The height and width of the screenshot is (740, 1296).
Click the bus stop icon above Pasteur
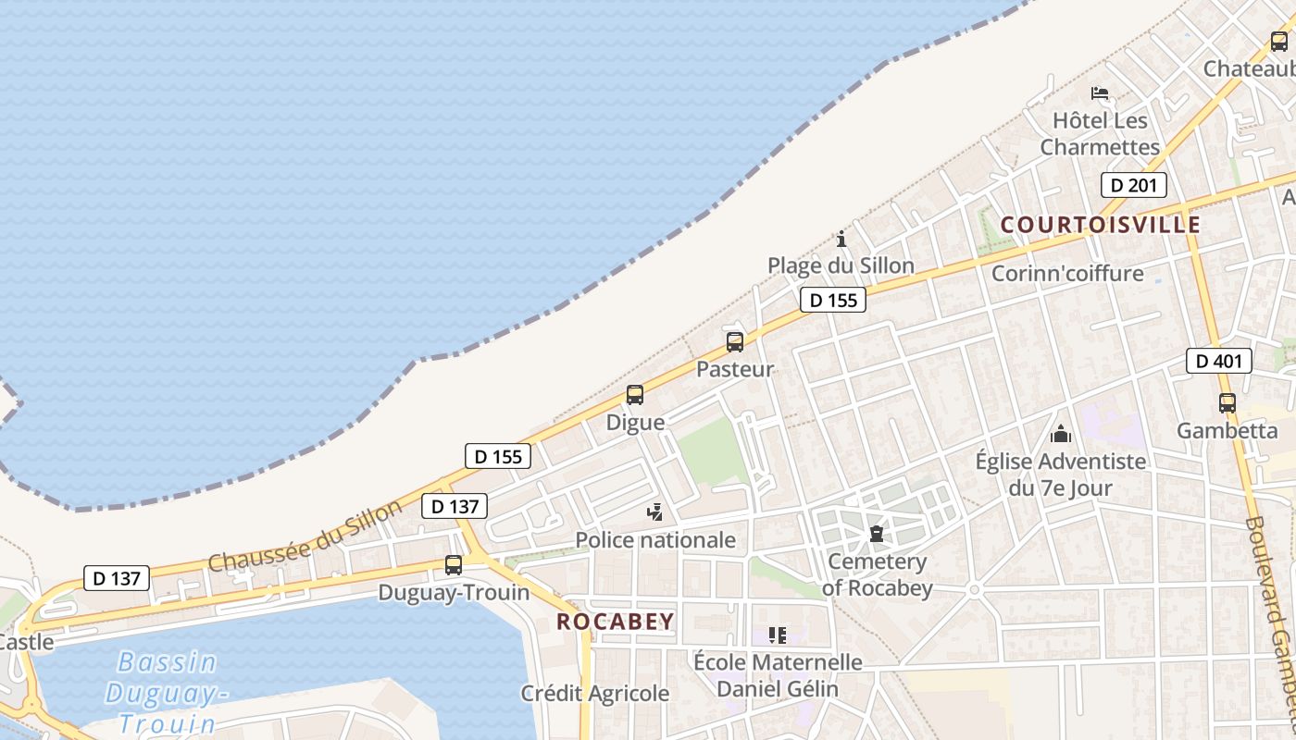coord(735,342)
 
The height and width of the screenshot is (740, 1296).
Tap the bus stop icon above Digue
coord(635,395)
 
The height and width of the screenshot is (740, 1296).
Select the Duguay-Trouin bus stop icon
coord(454,564)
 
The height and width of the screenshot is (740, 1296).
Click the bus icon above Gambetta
coord(1227,403)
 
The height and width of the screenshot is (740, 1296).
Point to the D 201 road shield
coord(1133,185)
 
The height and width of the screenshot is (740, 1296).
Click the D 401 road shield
coord(1218,361)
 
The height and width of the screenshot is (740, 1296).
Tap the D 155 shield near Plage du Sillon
coord(832,300)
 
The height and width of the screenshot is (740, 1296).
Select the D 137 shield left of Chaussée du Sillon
coord(117,579)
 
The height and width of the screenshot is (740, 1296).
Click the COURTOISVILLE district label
coord(1101,225)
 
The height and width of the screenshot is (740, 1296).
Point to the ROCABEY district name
coord(615,622)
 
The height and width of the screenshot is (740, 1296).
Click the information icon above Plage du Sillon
coord(841,240)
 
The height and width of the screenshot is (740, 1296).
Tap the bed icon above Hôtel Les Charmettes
coord(1100,93)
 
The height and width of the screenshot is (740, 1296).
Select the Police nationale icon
coord(655,512)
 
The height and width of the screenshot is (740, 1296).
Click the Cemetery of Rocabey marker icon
coord(876,534)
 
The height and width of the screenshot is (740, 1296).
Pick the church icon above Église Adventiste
coord(1061,433)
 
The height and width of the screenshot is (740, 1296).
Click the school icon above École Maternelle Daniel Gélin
coord(778,635)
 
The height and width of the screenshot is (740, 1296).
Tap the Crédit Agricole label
coord(594,693)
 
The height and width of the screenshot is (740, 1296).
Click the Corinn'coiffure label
coord(1067,274)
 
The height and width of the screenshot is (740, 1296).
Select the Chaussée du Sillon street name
coord(305,536)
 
